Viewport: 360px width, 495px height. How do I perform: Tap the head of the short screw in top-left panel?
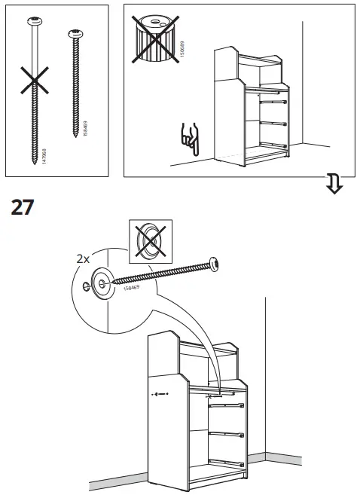(75, 34)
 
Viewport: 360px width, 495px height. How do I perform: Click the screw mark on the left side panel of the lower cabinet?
(157, 393)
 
